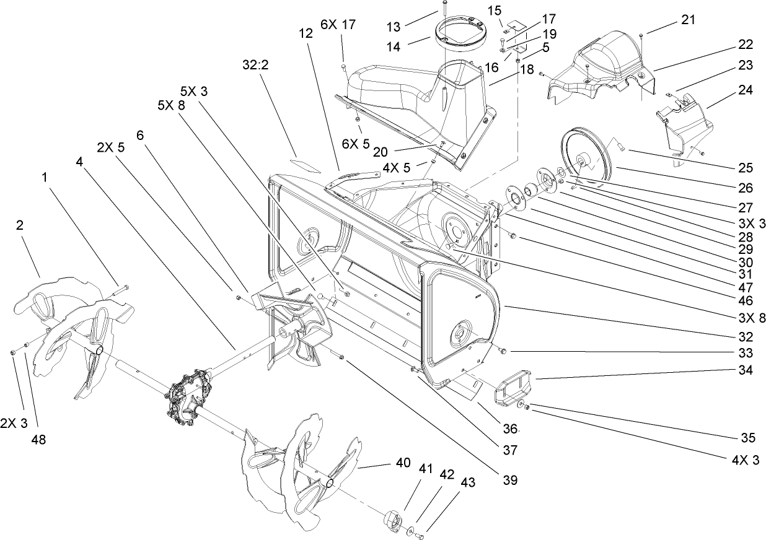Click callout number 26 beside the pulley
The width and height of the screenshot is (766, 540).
[x=744, y=187]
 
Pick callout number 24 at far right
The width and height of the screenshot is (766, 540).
[x=745, y=90]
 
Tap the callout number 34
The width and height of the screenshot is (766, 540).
[x=746, y=371]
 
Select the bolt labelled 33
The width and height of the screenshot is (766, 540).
[x=502, y=351]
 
